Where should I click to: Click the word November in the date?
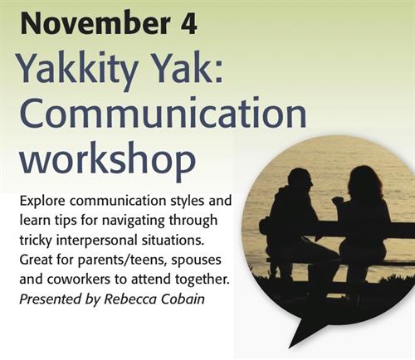pyautogui.click(x=95, y=23)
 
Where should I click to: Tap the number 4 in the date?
pyautogui.click(x=189, y=23)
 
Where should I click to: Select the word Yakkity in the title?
pyautogui.click(x=76, y=69)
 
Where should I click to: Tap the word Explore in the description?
pyautogui.click(x=42, y=201)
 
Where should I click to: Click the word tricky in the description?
pyautogui.click(x=36, y=241)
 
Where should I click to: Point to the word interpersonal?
pyautogui.click(x=97, y=241)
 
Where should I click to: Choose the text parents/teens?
pyautogui.click(x=123, y=260)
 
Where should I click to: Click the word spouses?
pyautogui.click(x=196, y=260)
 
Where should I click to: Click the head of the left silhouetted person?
pyautogui.click(x=300, y=180)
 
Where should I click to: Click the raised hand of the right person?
pyautogui.click(x=338, y=201)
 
